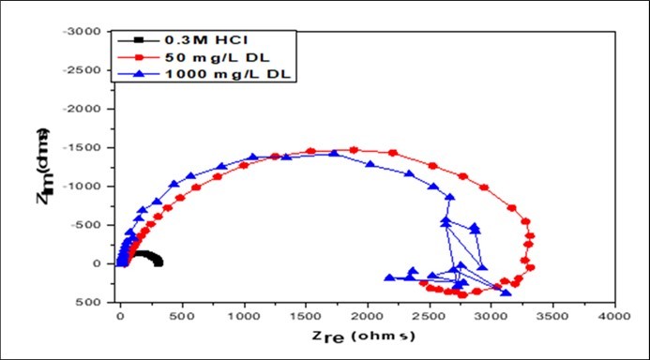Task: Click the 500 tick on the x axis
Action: point(181,318)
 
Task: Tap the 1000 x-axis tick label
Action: point(243,318)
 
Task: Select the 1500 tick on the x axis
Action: point(305,318)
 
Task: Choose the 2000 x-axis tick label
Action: point(367,318)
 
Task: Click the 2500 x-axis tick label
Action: point(429,318)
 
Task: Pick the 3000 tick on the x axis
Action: point(491,318)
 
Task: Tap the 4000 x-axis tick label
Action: point(614,318)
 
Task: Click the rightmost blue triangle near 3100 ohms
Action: point(506,292)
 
